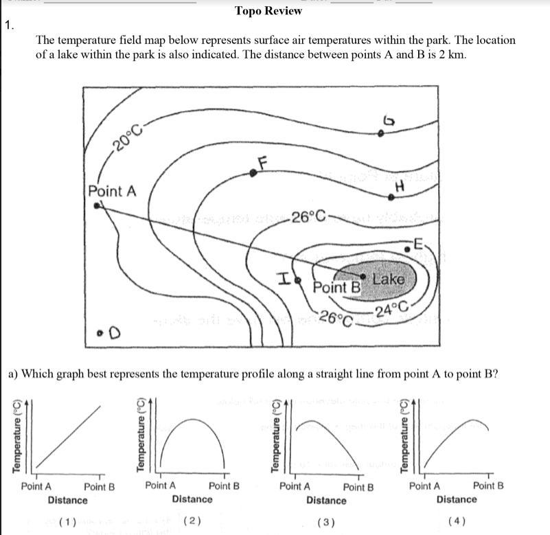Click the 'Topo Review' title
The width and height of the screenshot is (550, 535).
268,10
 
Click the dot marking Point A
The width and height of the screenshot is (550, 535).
98,205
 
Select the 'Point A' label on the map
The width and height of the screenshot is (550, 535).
113,190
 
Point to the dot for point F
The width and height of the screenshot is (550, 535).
253,174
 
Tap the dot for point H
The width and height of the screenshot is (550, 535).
391,197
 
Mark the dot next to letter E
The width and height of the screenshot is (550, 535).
406,250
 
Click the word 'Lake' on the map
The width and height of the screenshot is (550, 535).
389,279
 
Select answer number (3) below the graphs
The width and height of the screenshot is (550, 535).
326,522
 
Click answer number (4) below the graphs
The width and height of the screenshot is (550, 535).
456,521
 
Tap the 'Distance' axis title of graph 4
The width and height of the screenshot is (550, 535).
456,499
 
